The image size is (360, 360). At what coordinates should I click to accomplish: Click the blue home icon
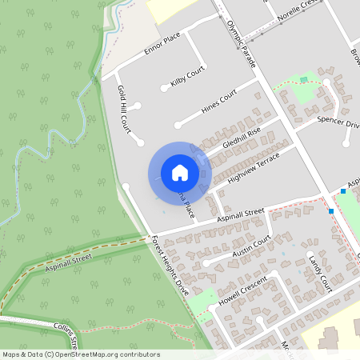click(180, 172)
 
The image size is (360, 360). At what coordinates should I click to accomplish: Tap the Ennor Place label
click(162, 49)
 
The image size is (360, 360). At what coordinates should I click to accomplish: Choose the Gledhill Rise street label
click(243, 137)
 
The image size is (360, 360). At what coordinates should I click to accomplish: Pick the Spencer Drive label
click(338, 121)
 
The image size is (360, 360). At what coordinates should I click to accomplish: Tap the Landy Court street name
click(319, 273)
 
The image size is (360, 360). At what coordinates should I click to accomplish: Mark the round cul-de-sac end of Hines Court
click(178, 124)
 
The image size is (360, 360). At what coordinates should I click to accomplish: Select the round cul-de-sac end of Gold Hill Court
click(140, 143)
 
